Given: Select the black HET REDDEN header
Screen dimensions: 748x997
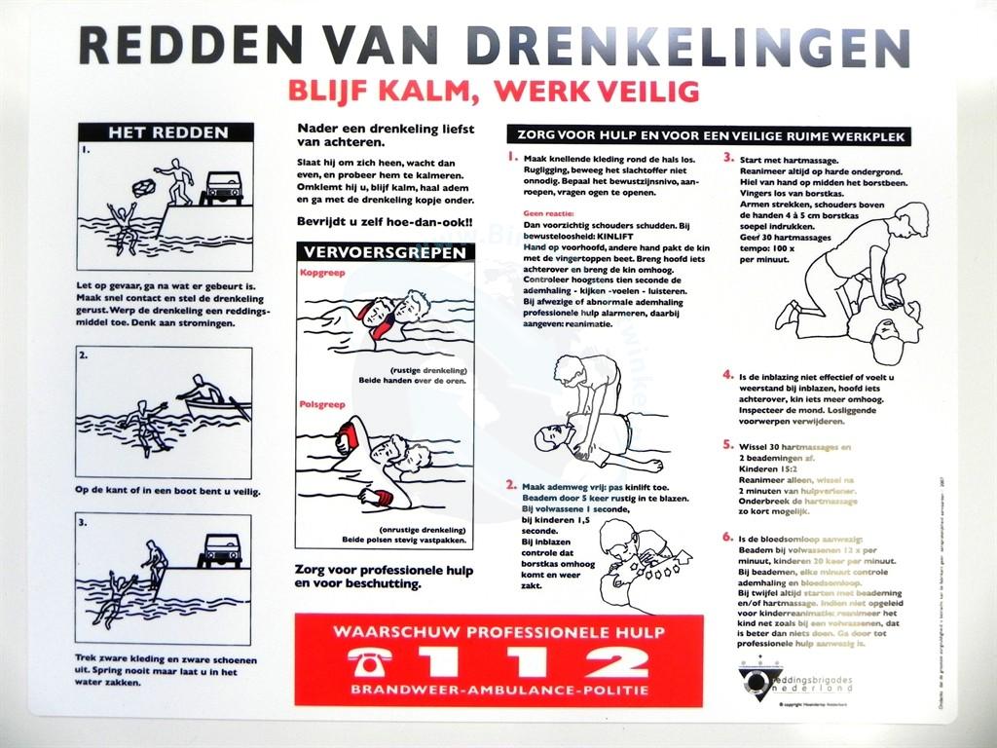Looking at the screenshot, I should (x=166, y=132).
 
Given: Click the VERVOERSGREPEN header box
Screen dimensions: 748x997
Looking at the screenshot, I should (x=385, y=252).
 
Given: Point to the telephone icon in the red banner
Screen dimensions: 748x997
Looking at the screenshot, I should (x=370, y=662).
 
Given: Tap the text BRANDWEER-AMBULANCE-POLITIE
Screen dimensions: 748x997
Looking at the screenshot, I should (x=498, y=690).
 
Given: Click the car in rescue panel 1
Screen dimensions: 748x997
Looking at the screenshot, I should (x=222, y=187).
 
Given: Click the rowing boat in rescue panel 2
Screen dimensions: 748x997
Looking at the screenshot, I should (x=216, y=401).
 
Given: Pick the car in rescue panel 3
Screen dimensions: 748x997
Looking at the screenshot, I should (x=220, y=550).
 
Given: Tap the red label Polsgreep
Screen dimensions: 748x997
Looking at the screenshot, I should (x=318, y=402).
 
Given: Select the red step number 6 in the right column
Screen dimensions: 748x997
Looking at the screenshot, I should (x=727, y=537).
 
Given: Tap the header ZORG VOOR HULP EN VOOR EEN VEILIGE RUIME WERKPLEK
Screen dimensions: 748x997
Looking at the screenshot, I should (x=708, y=136).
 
